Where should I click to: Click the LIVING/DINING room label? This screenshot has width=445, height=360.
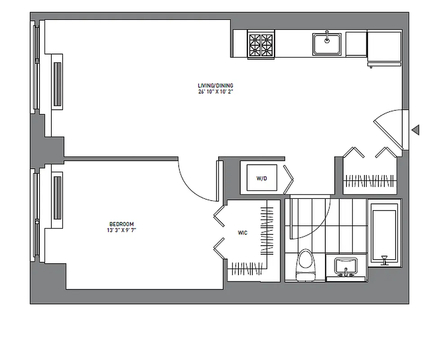click(216, 85)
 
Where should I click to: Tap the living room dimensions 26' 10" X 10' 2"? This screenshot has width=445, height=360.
click(216, 92)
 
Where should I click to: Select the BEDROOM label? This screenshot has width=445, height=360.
click(121, 224)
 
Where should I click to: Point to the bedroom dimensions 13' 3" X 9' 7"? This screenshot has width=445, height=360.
click(121, 230)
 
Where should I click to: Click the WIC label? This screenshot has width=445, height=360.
click(243, 233)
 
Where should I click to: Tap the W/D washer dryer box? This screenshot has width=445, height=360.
click(261, 178)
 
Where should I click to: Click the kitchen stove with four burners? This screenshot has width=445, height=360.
click(261, 45)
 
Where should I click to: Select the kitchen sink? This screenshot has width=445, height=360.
click(327, 44)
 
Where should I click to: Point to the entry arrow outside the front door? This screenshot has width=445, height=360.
click(416, 130)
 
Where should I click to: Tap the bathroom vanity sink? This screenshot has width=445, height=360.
click(346, 267)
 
